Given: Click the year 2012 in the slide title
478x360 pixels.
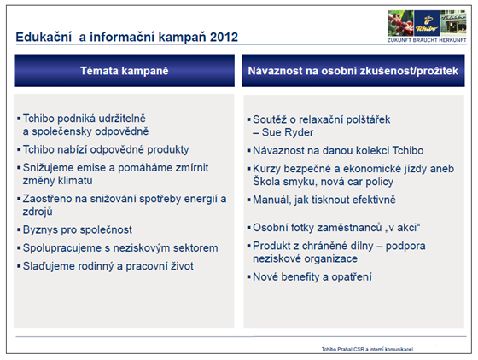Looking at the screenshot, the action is click(224, 38).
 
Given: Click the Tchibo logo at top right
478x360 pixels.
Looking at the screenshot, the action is click(427, 23).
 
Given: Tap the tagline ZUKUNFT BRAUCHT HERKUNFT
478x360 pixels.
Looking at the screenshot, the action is click(427, 40).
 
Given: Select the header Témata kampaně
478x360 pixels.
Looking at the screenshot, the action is click(125, 71).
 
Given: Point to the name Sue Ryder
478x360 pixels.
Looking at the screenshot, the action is click(288, 132).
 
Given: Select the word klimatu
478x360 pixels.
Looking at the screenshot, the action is click(75, 181).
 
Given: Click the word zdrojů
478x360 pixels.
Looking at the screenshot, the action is click(38, 212).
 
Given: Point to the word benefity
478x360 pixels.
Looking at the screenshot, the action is click(300, 277).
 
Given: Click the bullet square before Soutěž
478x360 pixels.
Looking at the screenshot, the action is click(248, 119).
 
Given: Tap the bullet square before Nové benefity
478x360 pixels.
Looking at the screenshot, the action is click(248, 277).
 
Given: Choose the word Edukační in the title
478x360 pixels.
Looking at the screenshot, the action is click(44, 38).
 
